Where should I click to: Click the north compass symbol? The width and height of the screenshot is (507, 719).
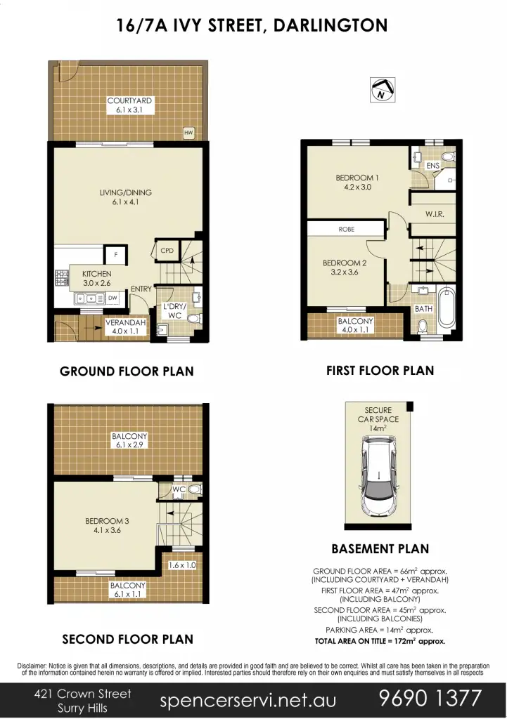point(381,89)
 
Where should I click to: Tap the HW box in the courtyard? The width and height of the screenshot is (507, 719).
point(188,132)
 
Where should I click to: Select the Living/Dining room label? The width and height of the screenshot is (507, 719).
point(125,197)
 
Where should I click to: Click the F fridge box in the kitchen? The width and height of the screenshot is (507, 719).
point(112,254)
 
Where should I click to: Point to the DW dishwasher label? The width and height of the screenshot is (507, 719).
point(112,298)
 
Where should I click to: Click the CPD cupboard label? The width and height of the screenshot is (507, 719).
point(167,250)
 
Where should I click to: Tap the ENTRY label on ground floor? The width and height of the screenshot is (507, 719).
point(141,289)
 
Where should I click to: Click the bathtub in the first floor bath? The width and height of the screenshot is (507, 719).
point(447,307)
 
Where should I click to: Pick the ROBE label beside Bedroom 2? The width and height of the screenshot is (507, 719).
point(346,229)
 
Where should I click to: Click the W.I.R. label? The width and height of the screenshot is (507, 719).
point(435,213)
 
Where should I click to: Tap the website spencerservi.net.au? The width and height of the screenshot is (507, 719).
point(248,700)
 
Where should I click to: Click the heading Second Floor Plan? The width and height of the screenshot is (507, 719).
point(127,639)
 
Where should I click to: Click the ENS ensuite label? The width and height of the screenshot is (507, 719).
point(432,165)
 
